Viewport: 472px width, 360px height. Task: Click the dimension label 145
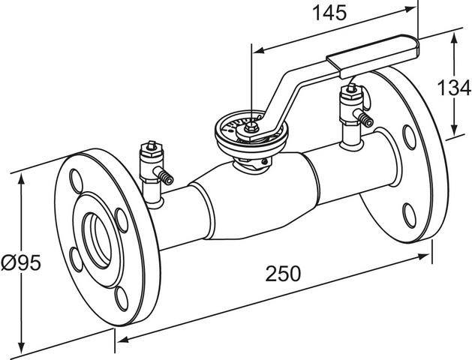tap(329, 13)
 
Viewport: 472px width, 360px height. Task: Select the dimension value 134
tap(454, 88)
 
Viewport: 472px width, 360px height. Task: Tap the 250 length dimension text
tap(283, 274)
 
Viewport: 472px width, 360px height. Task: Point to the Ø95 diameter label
tap(21, 262)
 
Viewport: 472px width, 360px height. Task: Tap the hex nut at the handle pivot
tap(251, 127)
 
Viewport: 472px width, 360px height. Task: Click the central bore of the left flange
tap(97, 241)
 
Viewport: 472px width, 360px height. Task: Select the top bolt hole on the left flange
tap(76, 181)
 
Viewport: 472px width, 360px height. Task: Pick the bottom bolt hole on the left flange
tap(122, 299)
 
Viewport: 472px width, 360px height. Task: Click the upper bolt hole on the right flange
tap(410, 137)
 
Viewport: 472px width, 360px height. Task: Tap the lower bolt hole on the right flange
tap(410, 216)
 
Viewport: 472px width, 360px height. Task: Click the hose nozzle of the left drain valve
tap(164, 176)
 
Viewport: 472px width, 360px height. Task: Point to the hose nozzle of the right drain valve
tap(364, 118)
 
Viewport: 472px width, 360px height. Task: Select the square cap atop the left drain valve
tap(152, 145)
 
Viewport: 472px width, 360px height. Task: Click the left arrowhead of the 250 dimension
tap(122, 339)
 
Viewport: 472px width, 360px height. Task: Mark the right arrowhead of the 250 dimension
tap(424, 256)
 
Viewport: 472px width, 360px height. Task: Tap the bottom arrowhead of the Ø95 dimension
tap(21, 347)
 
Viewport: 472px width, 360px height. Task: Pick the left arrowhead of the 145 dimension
tap(259, 50)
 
